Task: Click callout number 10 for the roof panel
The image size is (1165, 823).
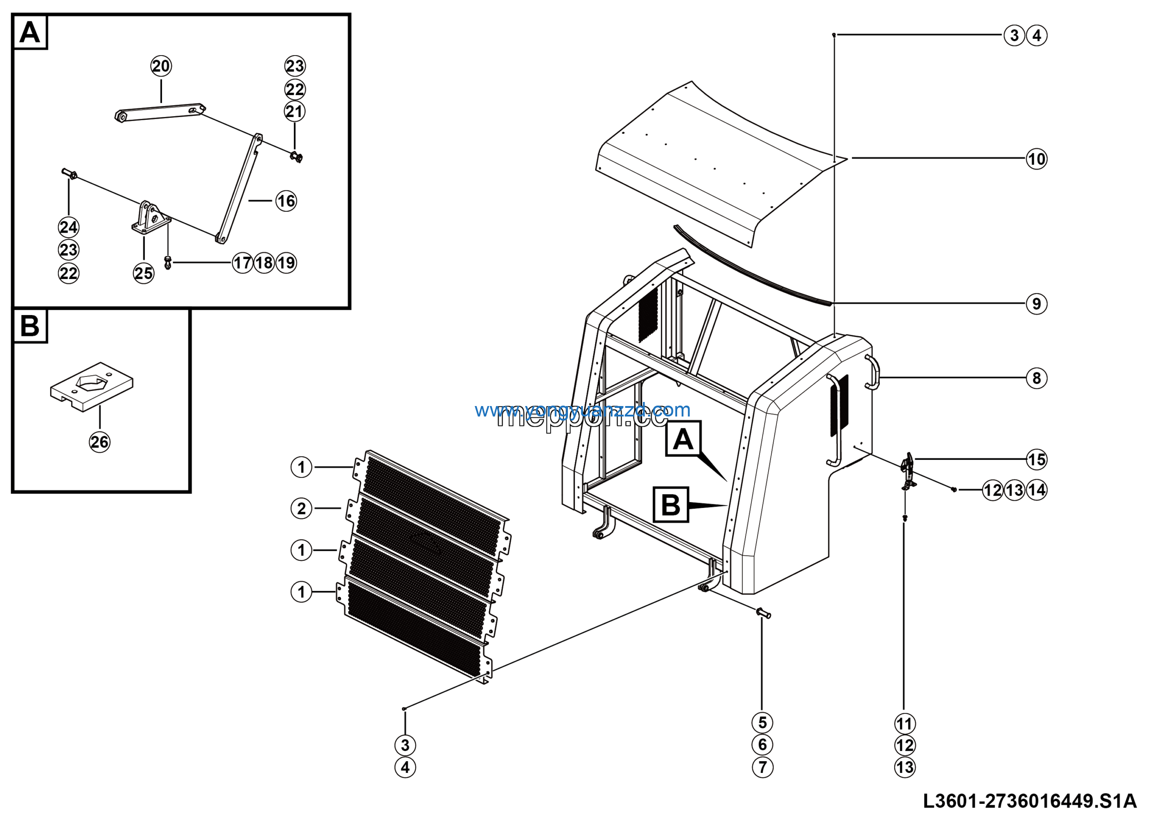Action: pos(1036,159)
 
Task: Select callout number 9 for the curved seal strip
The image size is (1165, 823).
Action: pos(1036,304)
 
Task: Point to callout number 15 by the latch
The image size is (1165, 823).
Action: pos(1036,460)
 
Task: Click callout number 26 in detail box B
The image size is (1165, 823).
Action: pos(100,442)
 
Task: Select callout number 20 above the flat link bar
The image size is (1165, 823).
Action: pos(161,66)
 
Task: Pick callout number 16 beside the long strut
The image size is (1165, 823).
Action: pos(286,201)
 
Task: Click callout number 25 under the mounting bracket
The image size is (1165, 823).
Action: pos(144,274)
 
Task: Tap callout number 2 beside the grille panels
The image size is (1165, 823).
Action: pos(301,508)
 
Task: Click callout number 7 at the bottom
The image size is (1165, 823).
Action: pos(762,767)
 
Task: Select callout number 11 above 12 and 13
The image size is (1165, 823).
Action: pos(905,724)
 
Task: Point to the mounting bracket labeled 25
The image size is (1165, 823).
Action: pos(151,218)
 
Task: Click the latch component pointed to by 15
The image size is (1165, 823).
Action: pos(908,470)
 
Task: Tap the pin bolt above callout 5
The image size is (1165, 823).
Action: pos(763,613)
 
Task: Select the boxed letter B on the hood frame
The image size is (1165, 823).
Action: pos(671,505)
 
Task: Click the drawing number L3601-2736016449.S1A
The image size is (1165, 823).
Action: pos(1029,801)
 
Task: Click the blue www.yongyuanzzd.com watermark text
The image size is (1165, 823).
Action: pos(582,410)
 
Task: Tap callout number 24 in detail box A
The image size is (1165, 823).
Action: pos(69,227)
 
